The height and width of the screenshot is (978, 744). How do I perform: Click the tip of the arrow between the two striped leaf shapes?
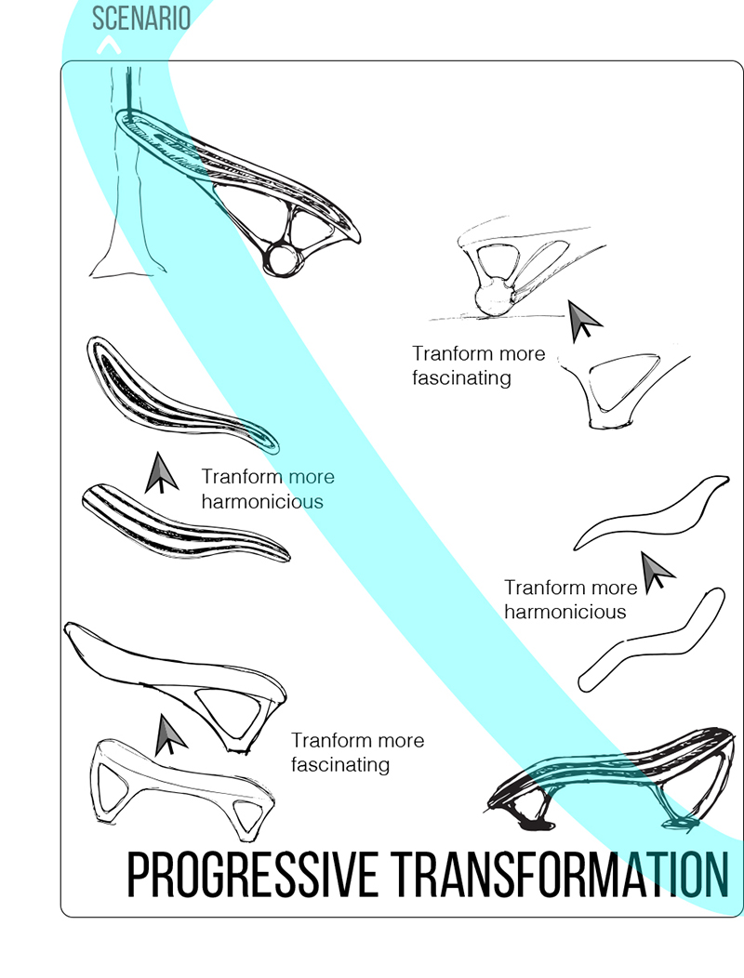(x=159, y=453)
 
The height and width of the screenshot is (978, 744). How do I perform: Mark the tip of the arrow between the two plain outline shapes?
(x=643, y=552)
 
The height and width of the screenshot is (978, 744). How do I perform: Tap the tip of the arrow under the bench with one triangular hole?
(x=161, y=715)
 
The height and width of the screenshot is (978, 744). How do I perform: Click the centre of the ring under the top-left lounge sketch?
(x=284, y=259)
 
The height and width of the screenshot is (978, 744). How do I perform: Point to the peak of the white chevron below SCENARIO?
(x=109, y=38)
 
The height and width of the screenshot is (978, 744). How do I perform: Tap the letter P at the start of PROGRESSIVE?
(x=138, y=875)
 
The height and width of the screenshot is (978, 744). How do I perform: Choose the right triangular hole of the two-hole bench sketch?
(x=247, y=813)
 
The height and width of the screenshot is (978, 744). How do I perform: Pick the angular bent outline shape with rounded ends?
(x=652, y=641)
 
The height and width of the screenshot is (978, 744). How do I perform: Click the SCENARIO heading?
(x=141, y=18)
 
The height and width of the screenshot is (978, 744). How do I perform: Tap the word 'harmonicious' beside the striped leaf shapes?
(x=262, y=501)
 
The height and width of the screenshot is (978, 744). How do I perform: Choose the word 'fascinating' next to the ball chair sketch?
(x=462, y=378)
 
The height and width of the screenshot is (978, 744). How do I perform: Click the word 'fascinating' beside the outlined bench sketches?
(x=340, y=765)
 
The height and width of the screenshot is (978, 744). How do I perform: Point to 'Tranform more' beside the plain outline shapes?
(x=570, y=588)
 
